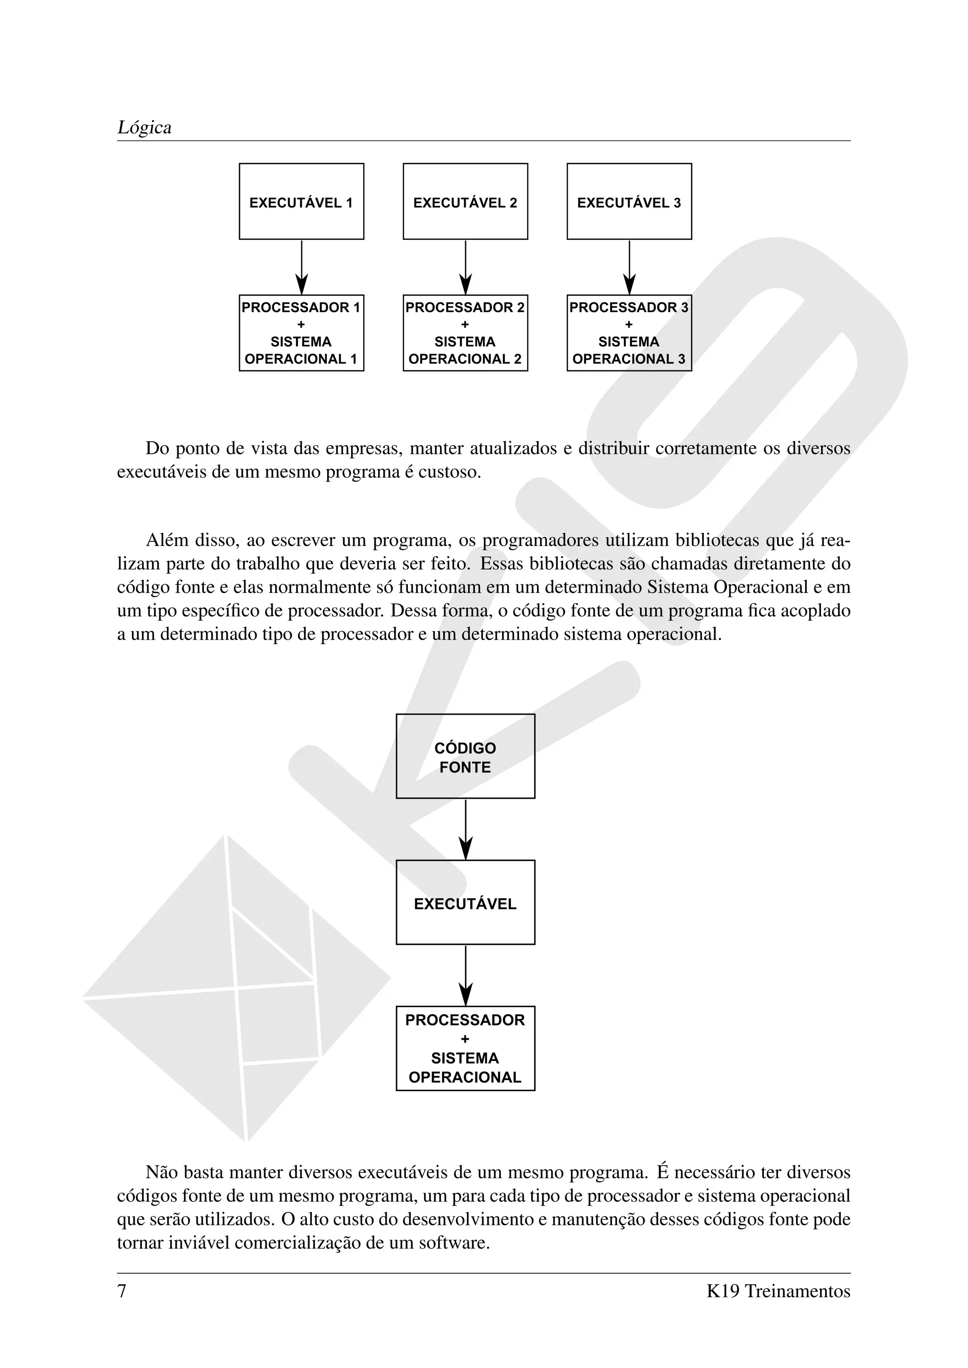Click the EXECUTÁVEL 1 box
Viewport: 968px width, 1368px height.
301,201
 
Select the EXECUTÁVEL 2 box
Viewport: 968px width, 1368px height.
465,201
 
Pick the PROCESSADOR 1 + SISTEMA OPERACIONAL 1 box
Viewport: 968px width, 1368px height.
301,333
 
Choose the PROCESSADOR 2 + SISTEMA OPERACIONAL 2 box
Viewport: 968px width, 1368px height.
465,333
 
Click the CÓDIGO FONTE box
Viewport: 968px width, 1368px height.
465,756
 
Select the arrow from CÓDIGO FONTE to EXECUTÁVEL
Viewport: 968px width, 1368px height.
466,829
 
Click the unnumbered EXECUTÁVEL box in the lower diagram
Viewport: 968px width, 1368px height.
465,903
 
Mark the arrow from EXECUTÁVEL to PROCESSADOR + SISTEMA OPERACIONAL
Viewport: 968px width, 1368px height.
466,975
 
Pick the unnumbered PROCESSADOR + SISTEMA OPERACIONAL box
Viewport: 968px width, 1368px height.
465,1049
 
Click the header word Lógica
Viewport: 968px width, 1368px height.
144,128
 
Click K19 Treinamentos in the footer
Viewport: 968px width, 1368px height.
778,1291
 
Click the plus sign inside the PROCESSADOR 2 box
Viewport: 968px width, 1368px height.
465,325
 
